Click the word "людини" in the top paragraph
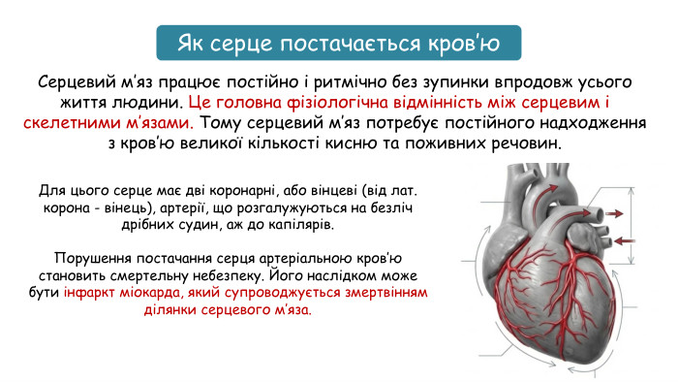pyautogui.click(x=142, y=102)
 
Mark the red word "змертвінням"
pyautogui.click(x=381, y=294)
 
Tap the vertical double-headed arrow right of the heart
pyautogui.click(x=633, y=225)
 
